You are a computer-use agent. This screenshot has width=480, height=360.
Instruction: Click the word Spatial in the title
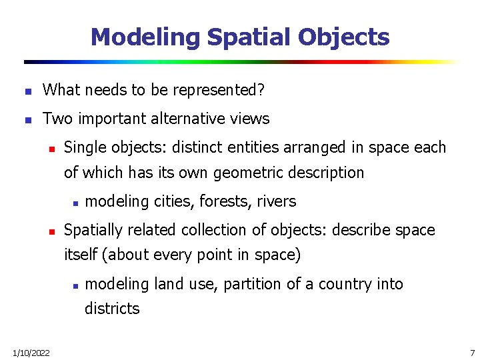pyautogui.click(x=249, y=37)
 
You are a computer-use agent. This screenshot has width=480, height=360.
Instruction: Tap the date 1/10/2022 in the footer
pyautogui.click(x=31, y=353)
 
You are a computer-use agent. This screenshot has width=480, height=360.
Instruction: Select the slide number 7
pyautogui.click(x=472, y=353)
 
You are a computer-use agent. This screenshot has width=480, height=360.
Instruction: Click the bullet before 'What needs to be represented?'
pyautogui.click(x=27, y=91)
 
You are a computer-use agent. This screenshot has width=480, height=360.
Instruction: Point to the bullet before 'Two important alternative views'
pyautogui.click(x=27, y=120)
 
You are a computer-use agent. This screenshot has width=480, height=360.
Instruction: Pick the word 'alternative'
pyautogui.click(x=191, y=119)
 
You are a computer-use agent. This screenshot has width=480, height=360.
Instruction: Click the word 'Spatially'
pyautogui.click(x=93, y=230)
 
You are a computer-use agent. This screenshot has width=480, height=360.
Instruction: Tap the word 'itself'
pyautogui.click(x=82, y=255)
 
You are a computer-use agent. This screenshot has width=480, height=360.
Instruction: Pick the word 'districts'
pyautogui.click(x=112, y=309)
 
